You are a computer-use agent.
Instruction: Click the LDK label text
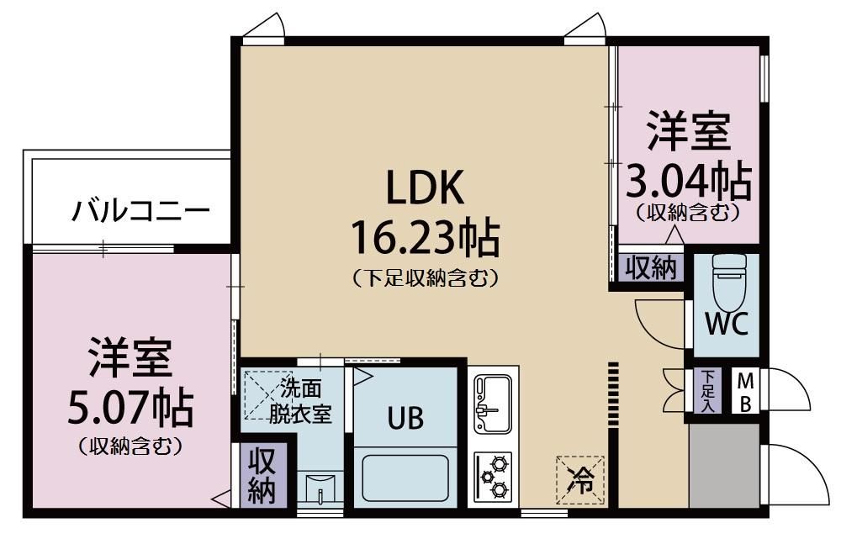(424, 189)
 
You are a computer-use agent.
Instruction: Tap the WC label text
(727, 325)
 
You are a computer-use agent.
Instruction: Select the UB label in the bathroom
(405, 415)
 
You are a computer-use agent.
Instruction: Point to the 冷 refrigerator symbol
(581, 480)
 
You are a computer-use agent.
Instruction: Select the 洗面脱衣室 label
(301, 402)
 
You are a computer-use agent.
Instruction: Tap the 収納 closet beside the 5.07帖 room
(262, 476)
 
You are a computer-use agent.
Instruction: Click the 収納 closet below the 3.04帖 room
(651, 268)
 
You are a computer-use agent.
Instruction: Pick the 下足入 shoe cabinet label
(709, 391)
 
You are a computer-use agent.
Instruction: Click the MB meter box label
(745, 391)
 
